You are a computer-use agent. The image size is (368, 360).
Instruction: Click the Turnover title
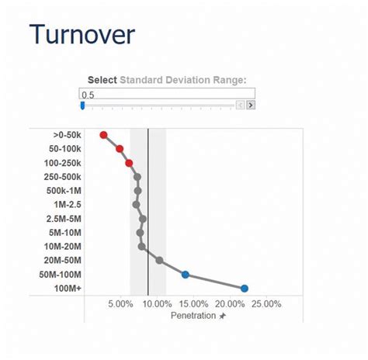[82, 35]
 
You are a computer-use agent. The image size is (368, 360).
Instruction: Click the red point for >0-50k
[103, 135]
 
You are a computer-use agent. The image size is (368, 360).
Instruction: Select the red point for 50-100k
[120, 148]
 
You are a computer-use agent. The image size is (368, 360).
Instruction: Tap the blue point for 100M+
[245, 289]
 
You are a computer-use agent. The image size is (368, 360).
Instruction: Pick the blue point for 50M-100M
[186, 275]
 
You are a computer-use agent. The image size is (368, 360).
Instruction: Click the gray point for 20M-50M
[159, 261]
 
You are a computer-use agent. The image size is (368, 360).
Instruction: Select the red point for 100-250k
[129, 163]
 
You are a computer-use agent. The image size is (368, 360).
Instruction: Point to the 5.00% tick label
[120, 304]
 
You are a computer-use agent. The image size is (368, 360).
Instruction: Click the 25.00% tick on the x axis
[266, 304]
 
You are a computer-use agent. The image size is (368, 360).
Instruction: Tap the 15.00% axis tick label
[193, 304]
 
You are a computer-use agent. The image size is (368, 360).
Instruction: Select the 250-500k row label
[64, 177]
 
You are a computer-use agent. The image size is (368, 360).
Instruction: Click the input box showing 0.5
[167, 93]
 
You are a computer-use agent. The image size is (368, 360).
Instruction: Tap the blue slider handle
[82, 106]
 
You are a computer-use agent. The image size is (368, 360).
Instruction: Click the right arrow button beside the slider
[251, 106]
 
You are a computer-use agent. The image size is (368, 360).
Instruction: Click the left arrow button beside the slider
[241, 106]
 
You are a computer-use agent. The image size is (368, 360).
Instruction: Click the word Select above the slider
[102, 80]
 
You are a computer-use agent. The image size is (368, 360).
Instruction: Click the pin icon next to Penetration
[222, 317]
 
